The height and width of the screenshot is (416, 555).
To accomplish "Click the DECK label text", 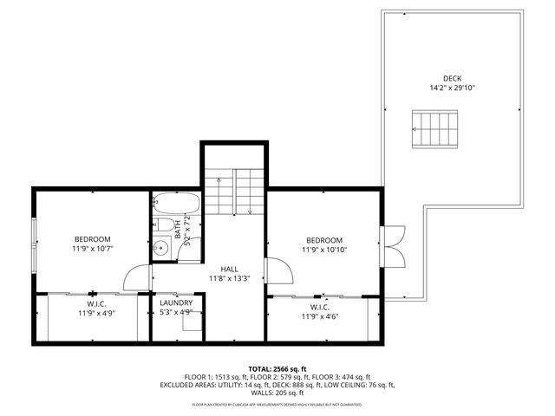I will coord(453,77).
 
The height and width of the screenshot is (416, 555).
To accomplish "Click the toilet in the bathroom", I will coord(164,226).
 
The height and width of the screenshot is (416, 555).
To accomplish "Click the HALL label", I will coord(229,269).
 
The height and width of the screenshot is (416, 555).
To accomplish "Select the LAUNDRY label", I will coord(176,302).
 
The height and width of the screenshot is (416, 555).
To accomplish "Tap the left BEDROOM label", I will coord(92,239).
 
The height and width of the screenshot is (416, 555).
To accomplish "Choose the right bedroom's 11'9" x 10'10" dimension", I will coord(324,250).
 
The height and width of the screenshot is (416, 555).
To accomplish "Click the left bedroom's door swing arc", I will coord(136,278).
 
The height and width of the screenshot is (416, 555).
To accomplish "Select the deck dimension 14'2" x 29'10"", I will coord(453,88).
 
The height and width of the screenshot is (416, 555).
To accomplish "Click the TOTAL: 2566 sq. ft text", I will coord(277,368).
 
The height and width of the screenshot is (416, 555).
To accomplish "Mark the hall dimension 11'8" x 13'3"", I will coord(229,279).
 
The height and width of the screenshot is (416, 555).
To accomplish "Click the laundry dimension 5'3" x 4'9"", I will coord(176,312).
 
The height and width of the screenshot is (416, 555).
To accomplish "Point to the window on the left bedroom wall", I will coord(35,239).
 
